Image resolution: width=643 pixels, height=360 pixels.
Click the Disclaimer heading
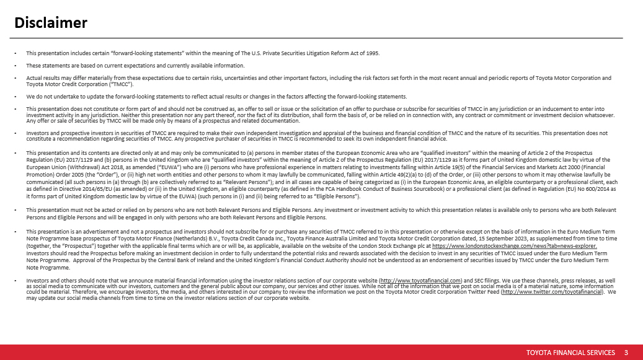51,23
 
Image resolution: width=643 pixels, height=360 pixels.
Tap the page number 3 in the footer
626,353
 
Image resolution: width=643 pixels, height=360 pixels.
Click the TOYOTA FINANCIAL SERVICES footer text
570,353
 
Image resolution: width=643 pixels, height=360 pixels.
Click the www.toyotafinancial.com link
420,280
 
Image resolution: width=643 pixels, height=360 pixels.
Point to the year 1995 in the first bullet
372,53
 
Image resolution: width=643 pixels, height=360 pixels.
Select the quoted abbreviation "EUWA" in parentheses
155,166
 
